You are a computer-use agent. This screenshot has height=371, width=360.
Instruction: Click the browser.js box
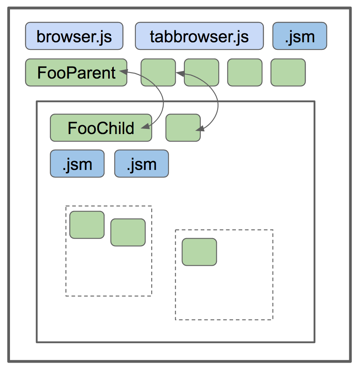click(74, 36)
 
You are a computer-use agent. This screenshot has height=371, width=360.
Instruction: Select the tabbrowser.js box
click(199, 36)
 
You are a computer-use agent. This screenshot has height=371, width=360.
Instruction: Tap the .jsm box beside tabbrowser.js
click(300, 36)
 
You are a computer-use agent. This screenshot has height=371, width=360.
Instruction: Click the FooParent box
click(76, 73)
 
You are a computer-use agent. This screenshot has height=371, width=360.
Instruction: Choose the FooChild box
click(101, 128)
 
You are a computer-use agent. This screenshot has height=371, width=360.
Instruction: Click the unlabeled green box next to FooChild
click(183, 128)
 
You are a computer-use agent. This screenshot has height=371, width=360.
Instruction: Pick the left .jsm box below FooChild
click(77, 164)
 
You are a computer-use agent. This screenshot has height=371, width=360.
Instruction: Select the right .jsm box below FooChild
click(141, 164)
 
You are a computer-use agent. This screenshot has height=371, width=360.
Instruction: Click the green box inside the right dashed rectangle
click(199, 252)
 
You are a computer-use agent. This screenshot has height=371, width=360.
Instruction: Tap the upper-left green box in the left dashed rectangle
click(87, 225)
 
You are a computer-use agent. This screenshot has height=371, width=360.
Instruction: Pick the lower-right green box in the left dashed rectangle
click(128, 232)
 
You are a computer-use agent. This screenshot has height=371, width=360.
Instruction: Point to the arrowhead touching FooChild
click(146, 127)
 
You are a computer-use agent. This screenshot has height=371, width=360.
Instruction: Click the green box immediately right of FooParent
click(158, 73)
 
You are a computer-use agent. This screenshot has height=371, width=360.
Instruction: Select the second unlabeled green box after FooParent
click(201, 73)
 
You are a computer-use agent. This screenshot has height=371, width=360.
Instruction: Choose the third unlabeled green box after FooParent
click(245, 73)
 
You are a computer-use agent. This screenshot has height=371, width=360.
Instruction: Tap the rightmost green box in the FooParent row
click(288, 73)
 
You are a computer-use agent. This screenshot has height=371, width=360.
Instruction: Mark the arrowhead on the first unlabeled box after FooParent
click(179, 73)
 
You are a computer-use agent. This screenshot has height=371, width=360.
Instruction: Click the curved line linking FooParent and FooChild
click(163, 100)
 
